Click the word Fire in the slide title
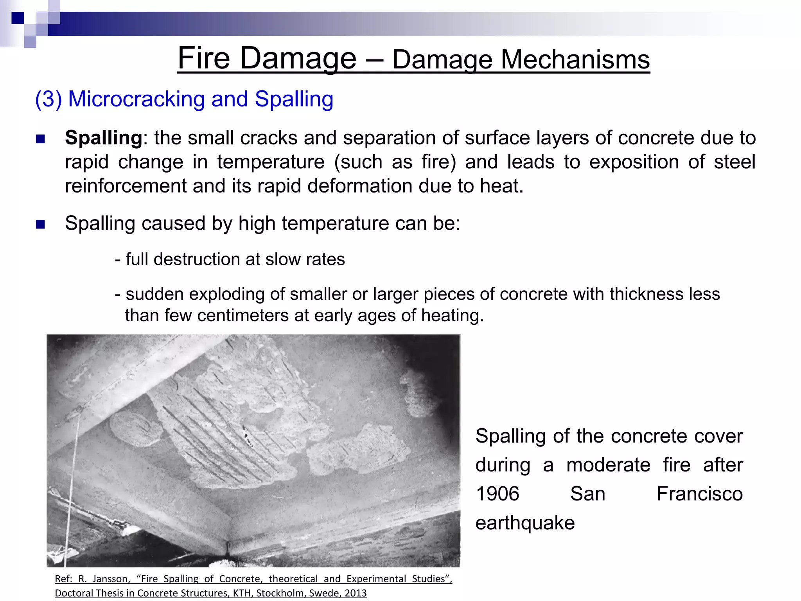point(203,59)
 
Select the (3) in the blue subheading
point(48,99)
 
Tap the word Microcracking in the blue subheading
point(136,99)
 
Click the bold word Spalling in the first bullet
point(103,138)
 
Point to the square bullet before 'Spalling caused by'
point(40,224)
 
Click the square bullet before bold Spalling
point(40,139)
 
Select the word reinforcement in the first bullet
point(126,186)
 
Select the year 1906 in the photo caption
point(497,494)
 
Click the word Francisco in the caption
point(699,494)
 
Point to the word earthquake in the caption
point(525,523)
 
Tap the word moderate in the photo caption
point(608,465)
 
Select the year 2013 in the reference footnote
point(355,593)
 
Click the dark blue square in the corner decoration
point(18,18)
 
